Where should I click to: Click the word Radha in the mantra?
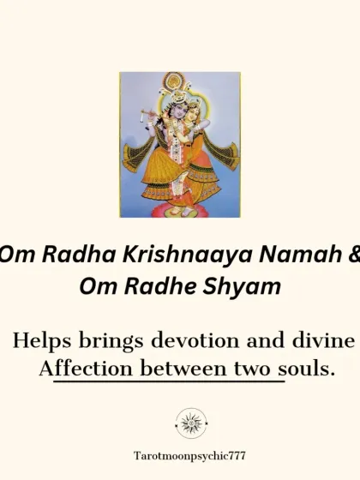[x=58, y=255]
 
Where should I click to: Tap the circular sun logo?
[x=191, y=423]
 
